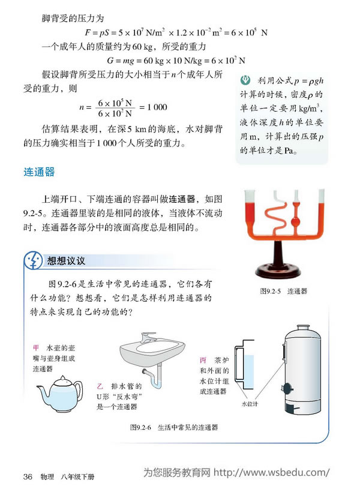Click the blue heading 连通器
coord(39,172)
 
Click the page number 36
coord(27,477)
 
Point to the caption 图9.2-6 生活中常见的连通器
coord(173,428)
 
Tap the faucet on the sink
coord(146,338)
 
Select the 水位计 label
coord(249,404)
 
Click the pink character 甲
coord(36,347)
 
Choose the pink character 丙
coord(203,359)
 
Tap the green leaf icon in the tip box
coord(244,80)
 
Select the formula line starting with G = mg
coord(176,60)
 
